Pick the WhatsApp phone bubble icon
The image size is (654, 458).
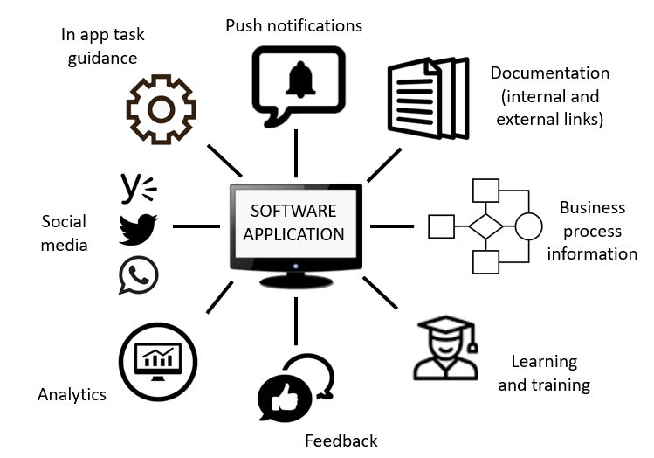click(138, 274)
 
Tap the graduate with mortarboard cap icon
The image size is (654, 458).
click(445, 350)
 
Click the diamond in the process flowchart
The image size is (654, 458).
click(485, 226)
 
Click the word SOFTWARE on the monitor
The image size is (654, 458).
click(293, 212)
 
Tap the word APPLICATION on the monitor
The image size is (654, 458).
click(293, 234)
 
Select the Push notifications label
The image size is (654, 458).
click(293, 25)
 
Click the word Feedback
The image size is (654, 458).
click(341, 441)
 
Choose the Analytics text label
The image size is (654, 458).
click(72, 394)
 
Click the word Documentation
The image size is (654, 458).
click(549, 73)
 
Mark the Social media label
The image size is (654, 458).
click(65, 233)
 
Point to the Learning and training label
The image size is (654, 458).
click(544, 373)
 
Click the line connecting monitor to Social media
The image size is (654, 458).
click(196, 226)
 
